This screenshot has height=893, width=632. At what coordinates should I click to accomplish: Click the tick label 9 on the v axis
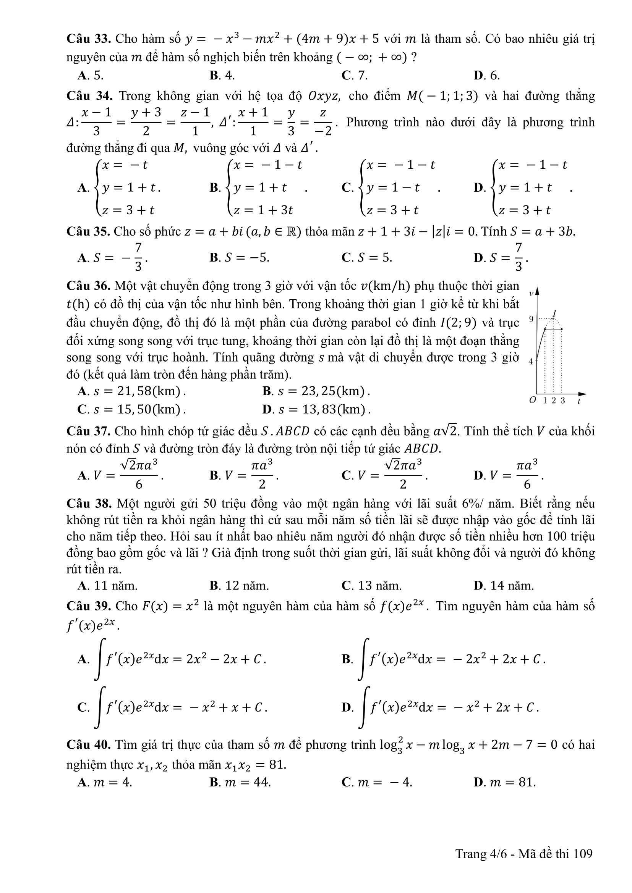531,319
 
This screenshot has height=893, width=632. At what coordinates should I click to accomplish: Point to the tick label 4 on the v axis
530,361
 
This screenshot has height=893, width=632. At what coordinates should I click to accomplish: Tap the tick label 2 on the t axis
553,400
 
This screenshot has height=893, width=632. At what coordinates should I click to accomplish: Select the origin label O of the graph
533,400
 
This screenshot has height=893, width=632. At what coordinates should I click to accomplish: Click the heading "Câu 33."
89,39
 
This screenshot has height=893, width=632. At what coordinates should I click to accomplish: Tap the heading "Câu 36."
89,286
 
